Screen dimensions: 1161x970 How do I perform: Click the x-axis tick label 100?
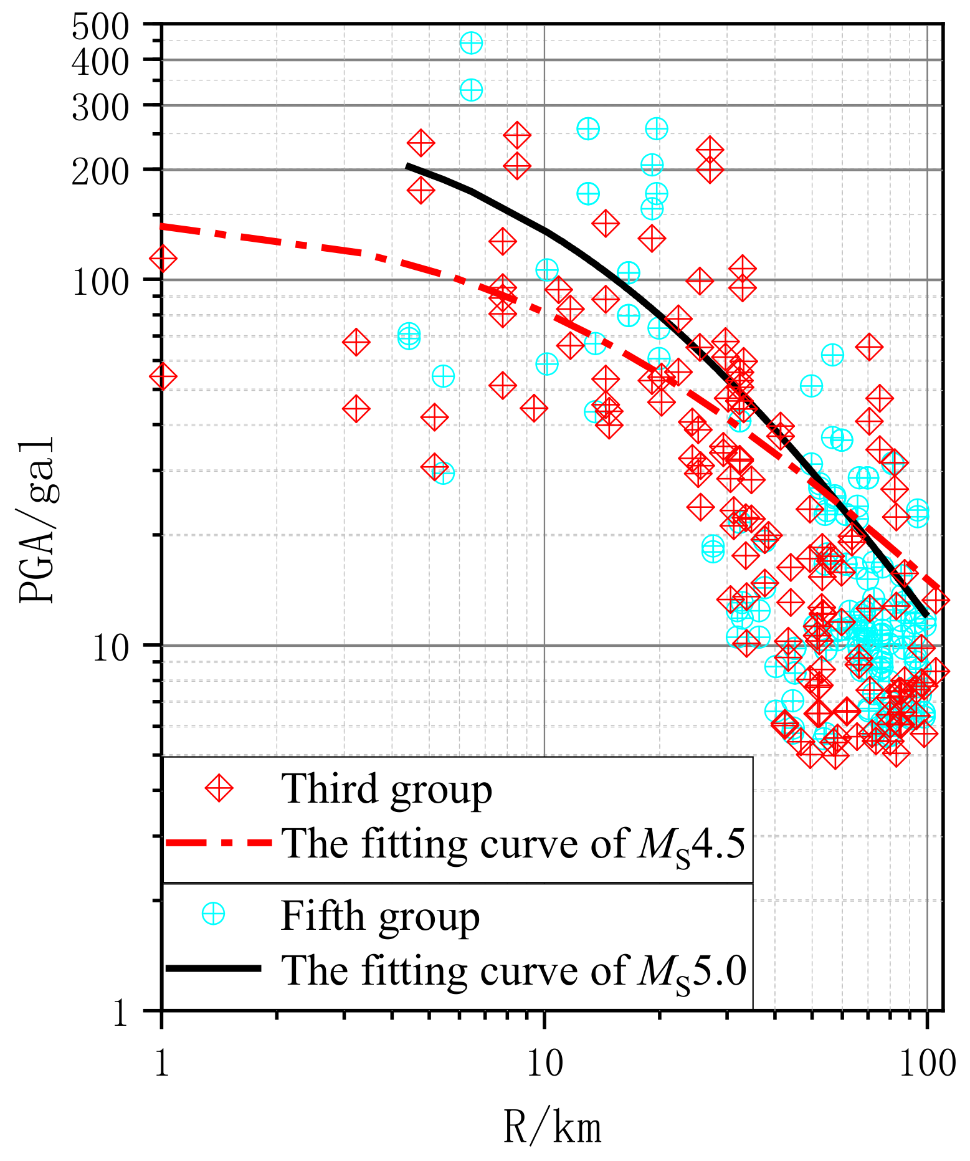pyautogui.click(x=927, y=1063)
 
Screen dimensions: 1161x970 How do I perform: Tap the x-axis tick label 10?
pyautogui.click(x=544, y=1063)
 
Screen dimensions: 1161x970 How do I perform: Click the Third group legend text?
pyautogui.click(x=386, y=789)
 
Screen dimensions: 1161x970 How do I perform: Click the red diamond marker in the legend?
pyautogui.click(x=219, y=789)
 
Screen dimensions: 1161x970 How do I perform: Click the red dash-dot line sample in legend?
pyautogui.click(x=218, y=843)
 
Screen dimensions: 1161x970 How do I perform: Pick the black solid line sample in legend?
pyautogui.click(x=213, y=968)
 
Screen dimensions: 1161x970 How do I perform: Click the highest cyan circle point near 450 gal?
pyautogui.click(x=471, y=44)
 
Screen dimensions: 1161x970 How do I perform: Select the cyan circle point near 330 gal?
pyautogui.click(x=471, y=90)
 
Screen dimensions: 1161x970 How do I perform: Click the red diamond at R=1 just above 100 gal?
pyautogui.click(x=163, y=258)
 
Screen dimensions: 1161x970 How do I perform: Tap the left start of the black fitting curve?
pyautogui.click(x=407, y=166)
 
